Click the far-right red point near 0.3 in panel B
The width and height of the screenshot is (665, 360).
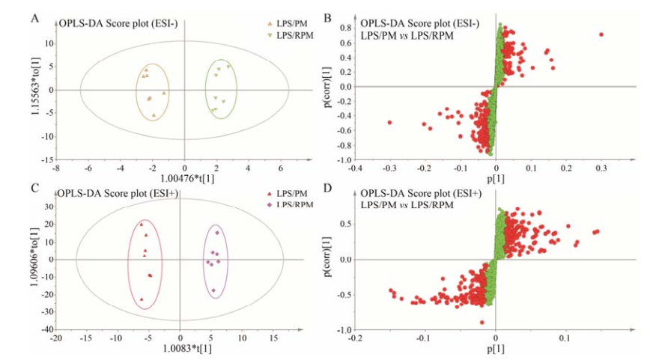[x=601, y=34]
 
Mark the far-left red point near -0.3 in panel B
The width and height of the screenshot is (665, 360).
[x=389, y=122]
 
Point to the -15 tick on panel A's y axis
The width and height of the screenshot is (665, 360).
[x=48, y=160]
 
